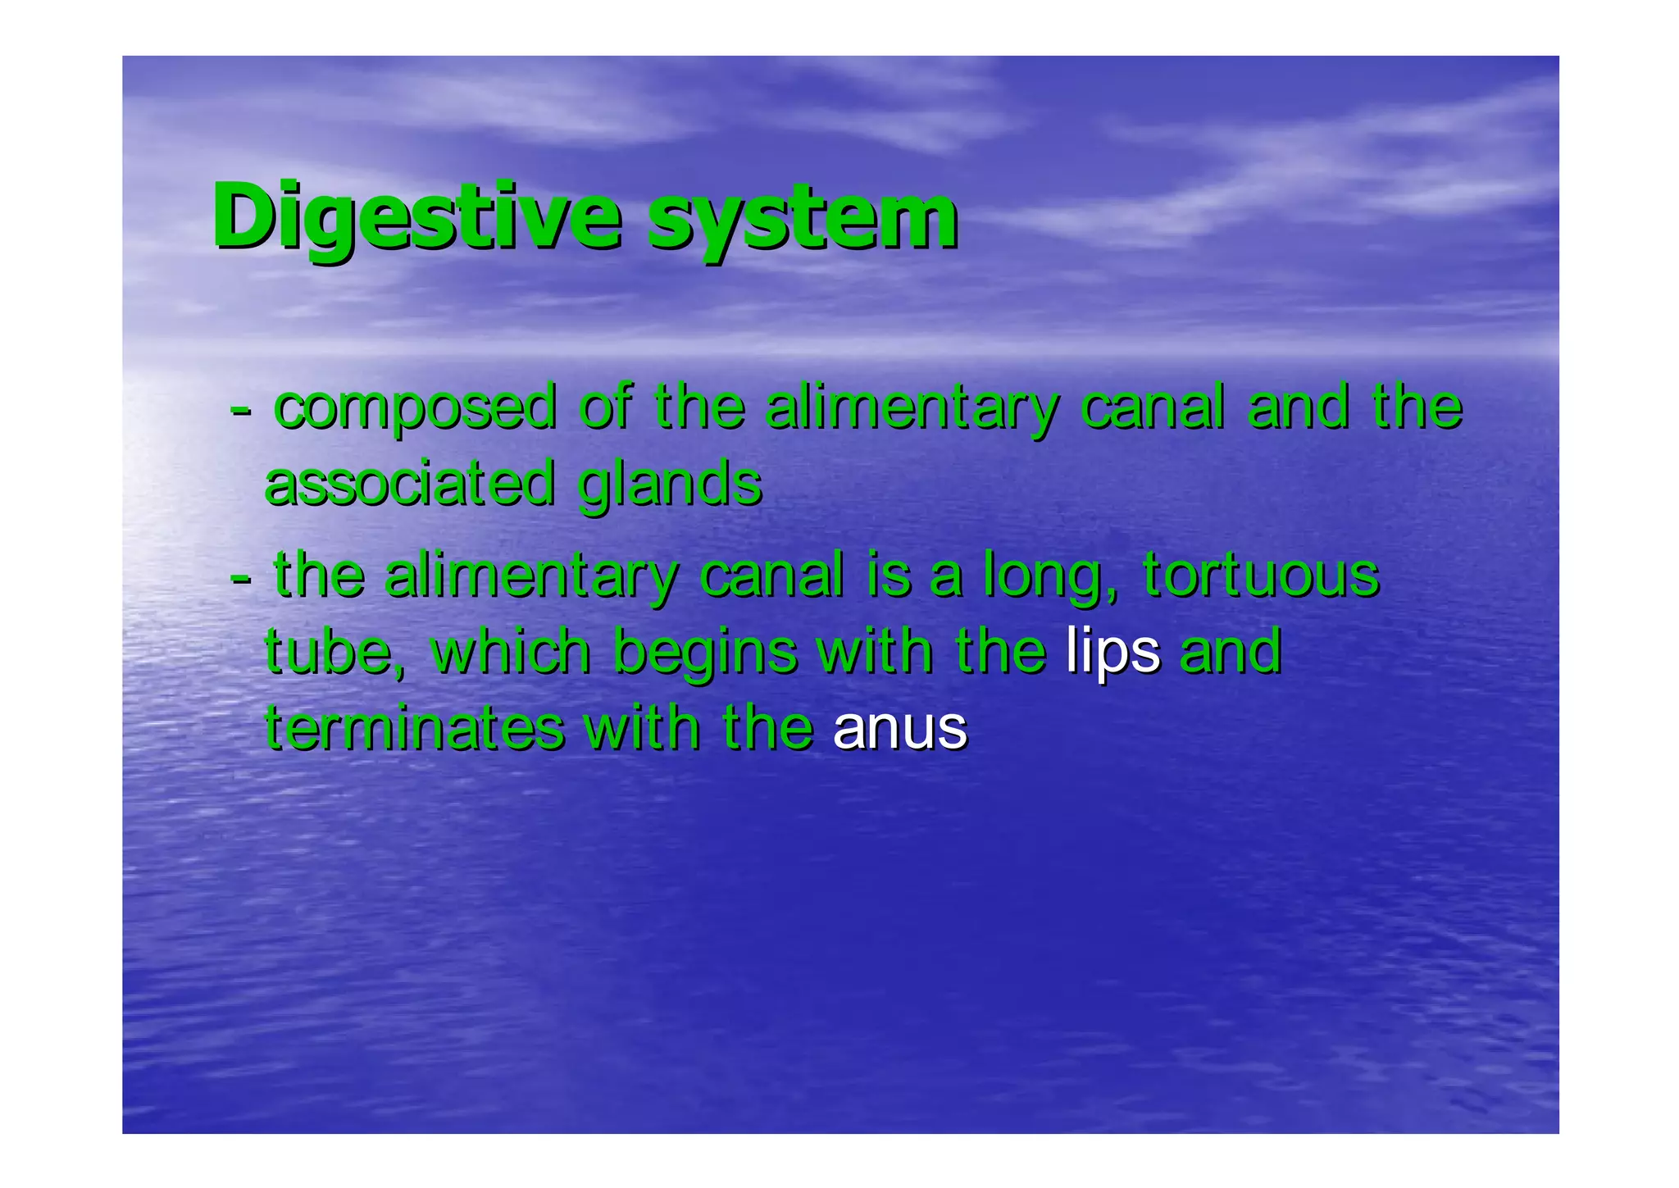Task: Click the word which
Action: click(x=510, y=652)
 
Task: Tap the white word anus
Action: click(x=899, y=729)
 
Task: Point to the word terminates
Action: click(x=415, y=728)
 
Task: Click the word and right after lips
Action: click(x=1230, y=652)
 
